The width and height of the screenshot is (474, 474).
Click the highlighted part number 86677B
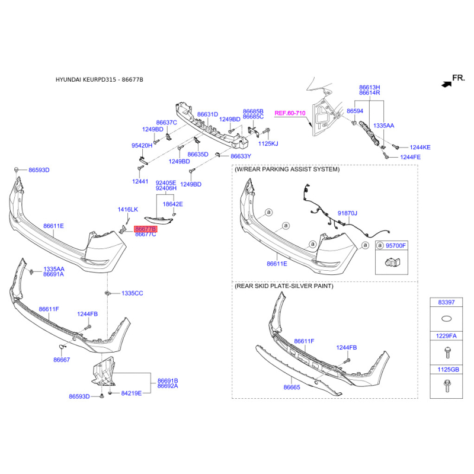tap(146, 229)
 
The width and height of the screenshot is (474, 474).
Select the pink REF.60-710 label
tap(290, 113)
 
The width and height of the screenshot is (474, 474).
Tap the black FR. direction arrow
tap(447, 84)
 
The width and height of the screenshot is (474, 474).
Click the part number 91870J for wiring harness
tap(347, 213)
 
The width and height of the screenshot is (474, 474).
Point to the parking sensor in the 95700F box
tap(392, 262)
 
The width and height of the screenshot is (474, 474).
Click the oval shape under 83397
tap(447, 318)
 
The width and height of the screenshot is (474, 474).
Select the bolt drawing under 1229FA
tap(447, 353)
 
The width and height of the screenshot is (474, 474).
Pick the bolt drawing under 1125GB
tap(447, 386)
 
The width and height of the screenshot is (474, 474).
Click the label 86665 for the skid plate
tap(292, 387)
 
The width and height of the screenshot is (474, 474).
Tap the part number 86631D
tap(208, 114)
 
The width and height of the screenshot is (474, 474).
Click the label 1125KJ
tap(268, 143)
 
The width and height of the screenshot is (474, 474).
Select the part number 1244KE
tap(420, 147)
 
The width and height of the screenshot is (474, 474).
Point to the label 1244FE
tap(410, 157)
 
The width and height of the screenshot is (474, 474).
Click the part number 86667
tap(62, 360)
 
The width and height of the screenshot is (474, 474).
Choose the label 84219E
tap(131, 393)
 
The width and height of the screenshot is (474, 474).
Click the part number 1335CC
tap(132, 293)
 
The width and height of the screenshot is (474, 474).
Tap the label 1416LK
tap(127, 210)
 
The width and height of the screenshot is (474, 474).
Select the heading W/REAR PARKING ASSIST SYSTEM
tap(287, 169)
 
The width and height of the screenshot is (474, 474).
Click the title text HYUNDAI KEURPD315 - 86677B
tap(100, 80)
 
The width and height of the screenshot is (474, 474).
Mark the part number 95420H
tap(142, 145)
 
